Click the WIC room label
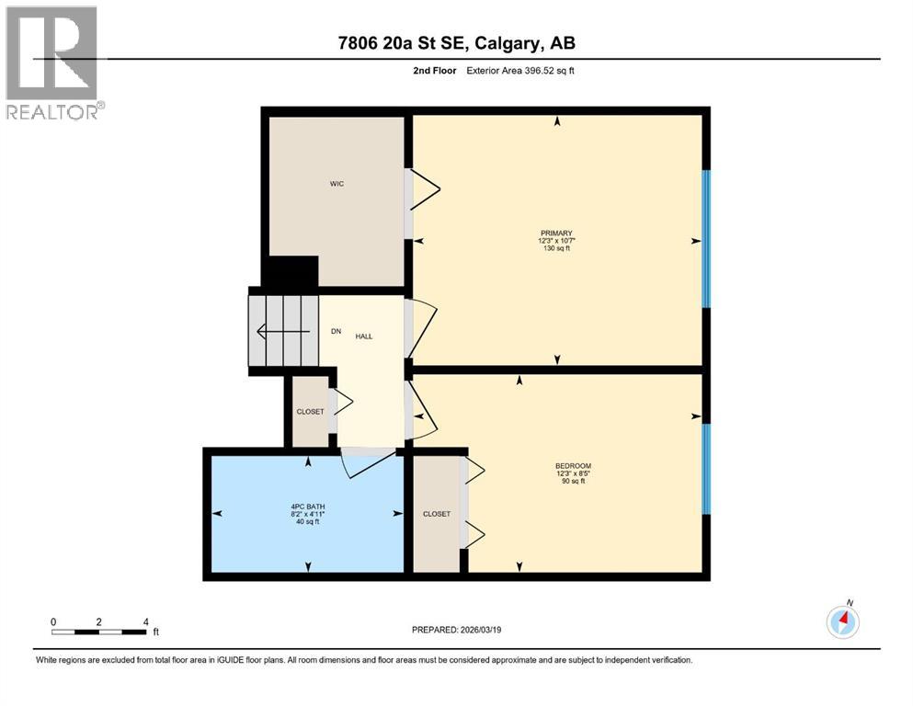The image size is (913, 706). coord(337,185)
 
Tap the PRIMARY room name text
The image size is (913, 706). coord(556,233)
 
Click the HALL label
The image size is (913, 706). coord(364,336)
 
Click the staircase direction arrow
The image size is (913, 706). coord(272,331)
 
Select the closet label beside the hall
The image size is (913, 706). coord(310,412)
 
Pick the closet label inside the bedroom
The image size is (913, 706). coord(437,514)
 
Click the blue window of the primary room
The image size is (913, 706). coord(706,239)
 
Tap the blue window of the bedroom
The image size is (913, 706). coord(706,468)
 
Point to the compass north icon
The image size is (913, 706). coord(843,621)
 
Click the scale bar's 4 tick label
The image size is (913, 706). coord(145,621)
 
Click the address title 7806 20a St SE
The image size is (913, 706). coord(456,43)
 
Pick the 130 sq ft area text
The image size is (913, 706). coord(556,248)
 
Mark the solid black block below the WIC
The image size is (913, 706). coord(291,272)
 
